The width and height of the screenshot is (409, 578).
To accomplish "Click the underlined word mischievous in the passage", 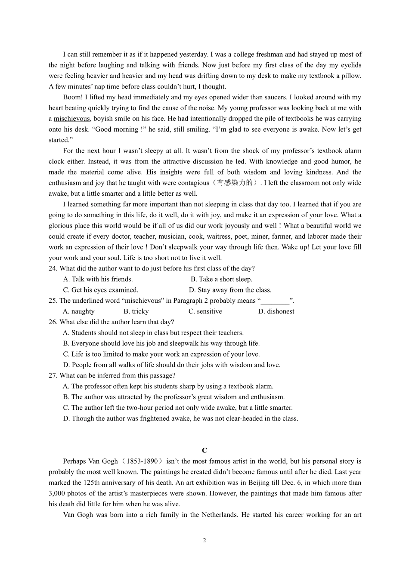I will pyautogui.click(x=72, y=119).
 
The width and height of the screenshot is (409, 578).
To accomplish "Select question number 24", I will pyautogui.click(x=53, y=268).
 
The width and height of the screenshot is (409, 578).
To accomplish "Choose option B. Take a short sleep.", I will pyautogui.click(x=221, y=279).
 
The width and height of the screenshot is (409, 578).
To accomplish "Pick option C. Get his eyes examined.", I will pyautogui.click(x=100, y=290).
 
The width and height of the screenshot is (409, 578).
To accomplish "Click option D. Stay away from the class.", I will pyautogui.click(x=230, y=290).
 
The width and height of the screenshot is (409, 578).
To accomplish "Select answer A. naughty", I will pyautogui.click(x=78, y=311).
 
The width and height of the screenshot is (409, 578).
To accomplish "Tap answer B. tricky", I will pyautogui.click(x=136, y=311).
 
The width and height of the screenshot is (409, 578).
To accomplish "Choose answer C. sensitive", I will pyautogui.click(x=205, y=311).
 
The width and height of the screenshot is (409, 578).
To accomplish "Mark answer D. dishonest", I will pyautogui.click(x=276, y=311).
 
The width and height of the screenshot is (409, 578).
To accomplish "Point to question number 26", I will pyautogui.click(x=53, y=322).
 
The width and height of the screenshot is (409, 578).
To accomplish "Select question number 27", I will pyautogui.click(x=53, y=375).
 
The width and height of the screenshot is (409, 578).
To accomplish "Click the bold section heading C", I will pyautogui.click(x=204, y=450).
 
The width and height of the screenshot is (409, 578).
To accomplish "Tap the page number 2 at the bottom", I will pyautogui.click(x=204, y=540).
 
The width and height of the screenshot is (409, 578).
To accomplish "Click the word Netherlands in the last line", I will pyautogui.click(x=219, y=515).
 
